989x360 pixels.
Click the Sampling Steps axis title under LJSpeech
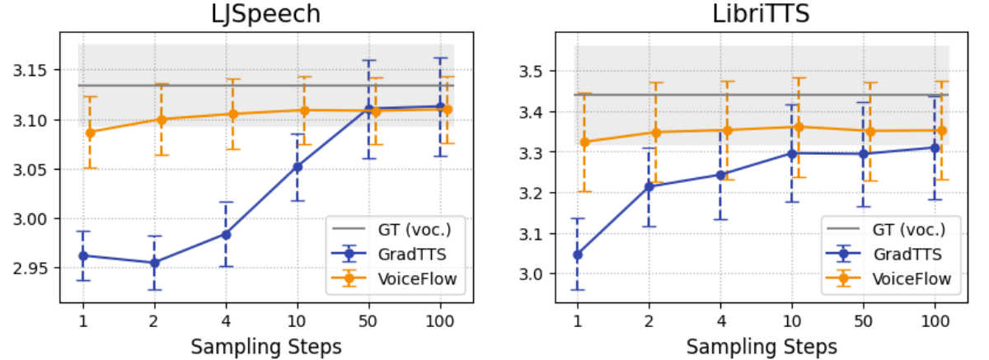click(x=266, y=346)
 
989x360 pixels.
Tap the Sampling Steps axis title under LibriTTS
click(x=762, y=346)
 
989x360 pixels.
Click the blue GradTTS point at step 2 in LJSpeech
click(x=154, y=263)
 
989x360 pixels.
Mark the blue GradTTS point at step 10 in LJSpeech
click(x=298, y=166)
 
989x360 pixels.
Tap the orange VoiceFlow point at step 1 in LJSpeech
click(x=91, y=132)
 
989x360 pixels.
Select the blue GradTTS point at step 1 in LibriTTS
click(x=578, y=255)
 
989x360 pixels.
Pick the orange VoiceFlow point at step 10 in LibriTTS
click(x=798, y=127)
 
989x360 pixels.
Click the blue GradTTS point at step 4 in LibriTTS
click(x=721, y=175)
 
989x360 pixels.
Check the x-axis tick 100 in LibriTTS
click(x=935, y=320)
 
